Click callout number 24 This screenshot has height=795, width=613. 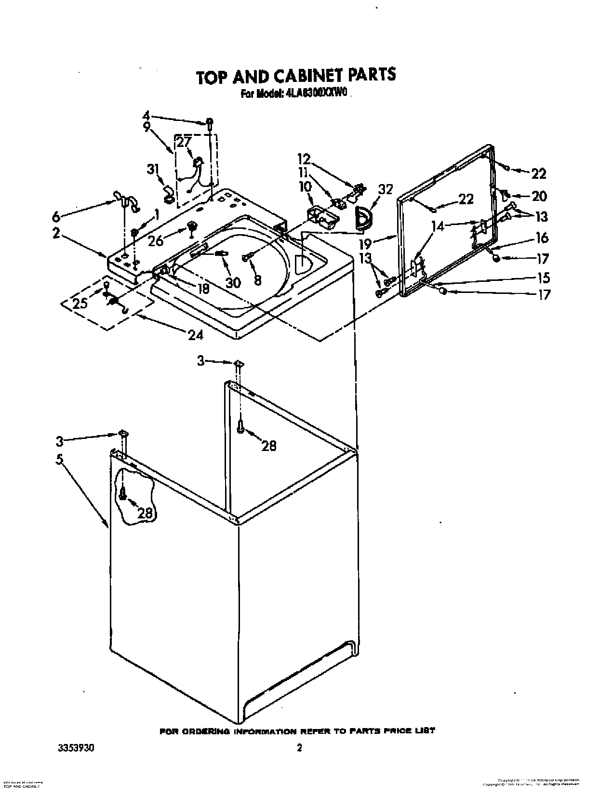click(195, 334)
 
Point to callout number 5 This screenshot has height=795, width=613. click(59, 460)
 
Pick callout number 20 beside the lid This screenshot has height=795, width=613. click(539, 196)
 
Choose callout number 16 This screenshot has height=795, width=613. click(542, 238)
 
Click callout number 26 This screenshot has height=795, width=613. click(156, 241)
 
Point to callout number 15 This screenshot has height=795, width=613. click(543, 278)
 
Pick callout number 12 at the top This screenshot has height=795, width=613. click(304, 159)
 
